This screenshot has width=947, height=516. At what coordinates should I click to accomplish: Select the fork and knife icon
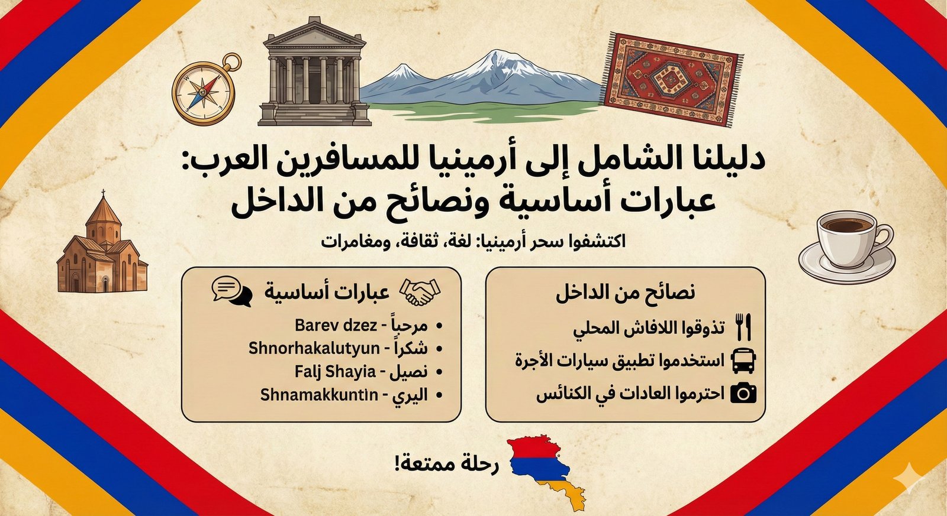pos(743,327)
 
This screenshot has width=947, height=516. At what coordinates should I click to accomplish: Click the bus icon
pos(743,361)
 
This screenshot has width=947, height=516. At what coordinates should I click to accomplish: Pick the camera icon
pos(743,394)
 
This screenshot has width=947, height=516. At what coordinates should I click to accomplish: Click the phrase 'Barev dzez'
pos(336,325)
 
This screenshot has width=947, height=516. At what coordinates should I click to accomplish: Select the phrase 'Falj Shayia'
pos(335,371)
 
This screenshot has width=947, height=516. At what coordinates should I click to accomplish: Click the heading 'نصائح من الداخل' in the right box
pos(625,293)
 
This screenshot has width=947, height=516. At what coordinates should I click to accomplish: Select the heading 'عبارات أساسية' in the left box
pos(327,293)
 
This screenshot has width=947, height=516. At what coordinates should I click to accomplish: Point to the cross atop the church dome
pos(103,193)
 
